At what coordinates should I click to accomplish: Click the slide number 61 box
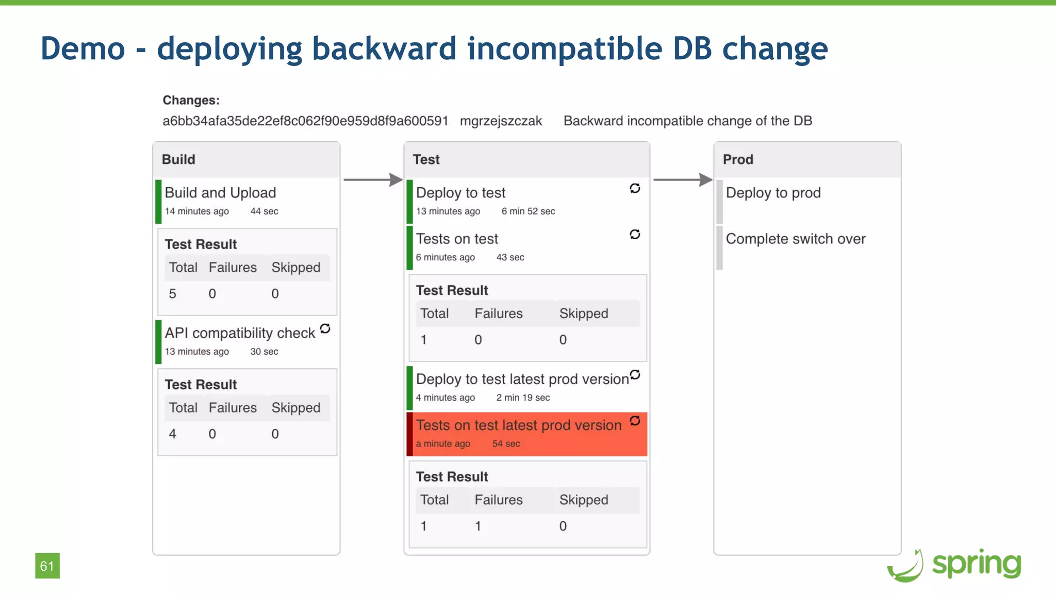pyautogui.click(x=47, y=566)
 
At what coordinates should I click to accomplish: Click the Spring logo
pyautogui.click(x=954, y=565)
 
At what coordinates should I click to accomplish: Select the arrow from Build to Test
pyautogui.click(x=372, y=179)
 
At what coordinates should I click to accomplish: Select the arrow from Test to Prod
pyautogui.click(x=682, y=179)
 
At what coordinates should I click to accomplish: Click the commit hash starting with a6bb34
pyautogui.click(x=305, y=121)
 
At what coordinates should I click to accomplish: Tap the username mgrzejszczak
pyautogui.click(x=501, y=121)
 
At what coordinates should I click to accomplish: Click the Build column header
pyautogui.click(x=178, y=159)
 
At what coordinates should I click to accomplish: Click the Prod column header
pyautogui.click(x=738, y=159)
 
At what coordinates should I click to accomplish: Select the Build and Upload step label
pyautogui.click(x=220, y=193)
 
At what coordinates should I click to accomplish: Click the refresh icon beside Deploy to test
pyautogui.click(x=635, y=189)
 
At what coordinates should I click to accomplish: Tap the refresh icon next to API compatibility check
pyautogui.click(x=325, y=329)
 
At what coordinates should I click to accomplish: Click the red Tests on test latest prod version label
pyautogui.click(x=519, y=425)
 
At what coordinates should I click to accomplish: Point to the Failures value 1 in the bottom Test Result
pyautogui.click(x=478, y=526)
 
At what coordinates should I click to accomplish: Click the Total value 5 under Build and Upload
pyautogui.click(x=172, y=294)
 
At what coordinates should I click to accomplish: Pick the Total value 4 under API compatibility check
pyautogui.click(x=172, y=434)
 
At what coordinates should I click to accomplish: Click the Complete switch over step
pyautogui.click(x=795, y=239)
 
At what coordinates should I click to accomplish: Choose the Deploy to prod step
pyautogui.click(x=773, y=193)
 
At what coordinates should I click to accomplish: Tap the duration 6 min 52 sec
pyautogui.click(x=528, y=211)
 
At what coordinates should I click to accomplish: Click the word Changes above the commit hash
pyautogui.click(x=191, y=101)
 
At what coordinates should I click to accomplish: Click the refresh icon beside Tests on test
pyautogui.click(x=635, y=235)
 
